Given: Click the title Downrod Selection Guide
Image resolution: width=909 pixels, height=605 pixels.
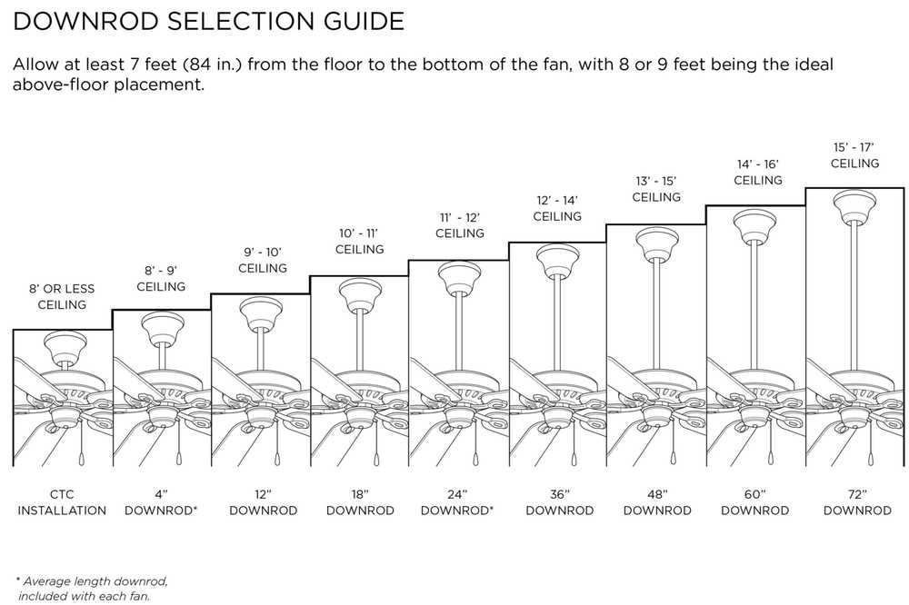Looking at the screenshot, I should (x=208, y=22).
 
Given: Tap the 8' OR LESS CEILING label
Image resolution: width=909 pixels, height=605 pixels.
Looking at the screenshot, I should (x=62, y=296).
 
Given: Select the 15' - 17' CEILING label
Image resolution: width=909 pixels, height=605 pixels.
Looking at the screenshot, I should (x=855, y=155).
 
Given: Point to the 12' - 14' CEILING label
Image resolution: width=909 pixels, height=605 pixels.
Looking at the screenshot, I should (x=557, y=208).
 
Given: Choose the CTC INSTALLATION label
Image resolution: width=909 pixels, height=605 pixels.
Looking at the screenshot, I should (x=62, y=502).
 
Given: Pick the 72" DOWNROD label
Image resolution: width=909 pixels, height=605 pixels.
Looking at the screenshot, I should (x=856, y=502).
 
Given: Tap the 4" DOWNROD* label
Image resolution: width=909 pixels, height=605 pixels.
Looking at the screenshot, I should (x=162, y=502).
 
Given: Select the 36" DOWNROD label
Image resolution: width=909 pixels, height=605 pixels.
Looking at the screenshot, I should (x=559, y=502).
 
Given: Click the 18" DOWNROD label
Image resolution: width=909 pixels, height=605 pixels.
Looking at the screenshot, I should (x=360, y=502).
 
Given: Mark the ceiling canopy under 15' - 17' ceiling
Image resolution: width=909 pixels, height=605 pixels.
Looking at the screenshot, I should (x=854, y=205).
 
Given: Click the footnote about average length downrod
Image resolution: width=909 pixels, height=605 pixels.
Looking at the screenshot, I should (x=91, y=588).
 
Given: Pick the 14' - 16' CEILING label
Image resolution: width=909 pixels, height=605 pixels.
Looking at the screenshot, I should (x=757, y=172).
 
